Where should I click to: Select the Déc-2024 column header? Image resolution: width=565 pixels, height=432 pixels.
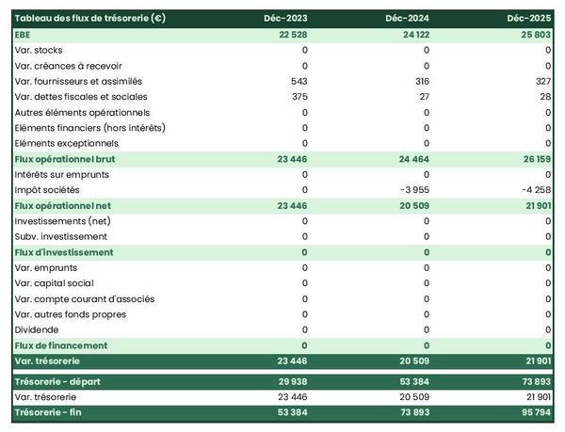(x=408, y=19)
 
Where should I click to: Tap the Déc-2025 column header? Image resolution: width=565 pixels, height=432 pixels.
(x=529, y=19)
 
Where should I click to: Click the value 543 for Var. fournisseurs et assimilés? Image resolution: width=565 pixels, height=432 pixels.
(x=299, y=81)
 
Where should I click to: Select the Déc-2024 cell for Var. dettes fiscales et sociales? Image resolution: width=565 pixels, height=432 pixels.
(x=424, y=96)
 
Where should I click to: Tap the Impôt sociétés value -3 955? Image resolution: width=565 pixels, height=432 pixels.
(x=414, y=190)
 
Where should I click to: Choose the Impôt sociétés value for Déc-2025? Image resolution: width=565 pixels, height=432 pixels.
(x=535, y=190)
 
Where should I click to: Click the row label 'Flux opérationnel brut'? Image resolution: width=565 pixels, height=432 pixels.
(x=65, y=159)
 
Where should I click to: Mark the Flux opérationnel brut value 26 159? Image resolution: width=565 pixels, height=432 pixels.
(x=536, y=159)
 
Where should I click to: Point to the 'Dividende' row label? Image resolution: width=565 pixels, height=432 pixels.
(x=37, y=330)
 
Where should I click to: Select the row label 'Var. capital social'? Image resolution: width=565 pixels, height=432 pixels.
(x=56, y=283)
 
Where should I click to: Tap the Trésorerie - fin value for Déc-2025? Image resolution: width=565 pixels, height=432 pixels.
(x=536, y=412)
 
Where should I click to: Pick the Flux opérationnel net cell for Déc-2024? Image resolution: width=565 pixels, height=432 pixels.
(x=414, y=205)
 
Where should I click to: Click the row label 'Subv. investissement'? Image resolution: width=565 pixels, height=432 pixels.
(x=61, y=236)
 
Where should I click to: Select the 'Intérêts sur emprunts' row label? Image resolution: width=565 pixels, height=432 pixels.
(x=62, y=174)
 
